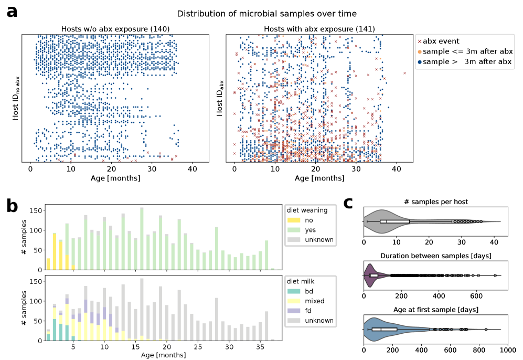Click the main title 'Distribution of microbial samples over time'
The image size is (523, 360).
point(266,13)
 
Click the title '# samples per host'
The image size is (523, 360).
point(432,202)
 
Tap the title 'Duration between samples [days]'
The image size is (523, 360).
point(432,256)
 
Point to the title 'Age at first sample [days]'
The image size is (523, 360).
point(432,310)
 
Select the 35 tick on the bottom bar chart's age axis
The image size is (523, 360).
point(260,347)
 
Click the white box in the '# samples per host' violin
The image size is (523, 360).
point(394,221)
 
